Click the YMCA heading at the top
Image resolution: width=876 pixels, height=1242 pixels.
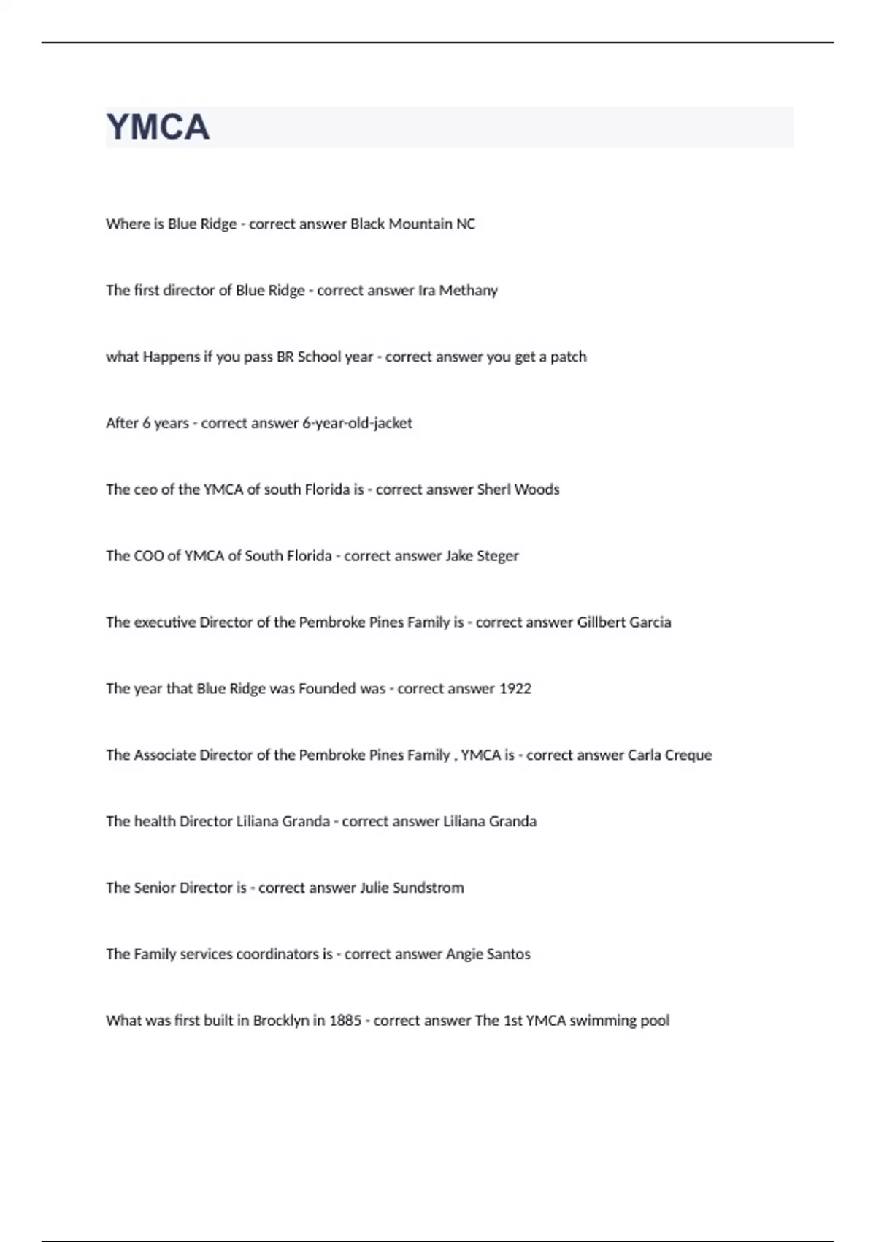point(158,127)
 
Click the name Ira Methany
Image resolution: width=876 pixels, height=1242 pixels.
point(458,290)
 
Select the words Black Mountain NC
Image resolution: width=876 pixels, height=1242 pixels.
point(412,224)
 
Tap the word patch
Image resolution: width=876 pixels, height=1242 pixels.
point(569,357)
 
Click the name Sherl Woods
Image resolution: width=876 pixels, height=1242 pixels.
point(518,489)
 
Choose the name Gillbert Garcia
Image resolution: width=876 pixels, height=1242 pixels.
point(624,622)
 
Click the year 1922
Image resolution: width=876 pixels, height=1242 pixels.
point(515,689)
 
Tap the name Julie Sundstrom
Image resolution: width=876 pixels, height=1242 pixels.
point(412,888)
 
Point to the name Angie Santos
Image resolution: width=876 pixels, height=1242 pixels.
point(488,954)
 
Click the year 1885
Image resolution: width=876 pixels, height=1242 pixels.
point(345,1021)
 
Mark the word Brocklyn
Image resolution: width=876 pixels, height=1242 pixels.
point(281,1021)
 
